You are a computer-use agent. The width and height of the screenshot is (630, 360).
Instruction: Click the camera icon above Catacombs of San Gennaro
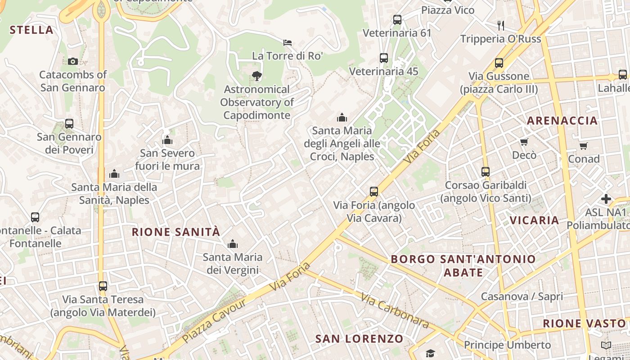pos(72,62)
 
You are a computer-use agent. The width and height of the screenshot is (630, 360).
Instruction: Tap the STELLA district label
pos(31,30)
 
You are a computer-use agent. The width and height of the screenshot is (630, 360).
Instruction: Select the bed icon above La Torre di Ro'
pos(288,43)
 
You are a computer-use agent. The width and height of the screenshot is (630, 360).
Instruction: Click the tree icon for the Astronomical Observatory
pos(257,76)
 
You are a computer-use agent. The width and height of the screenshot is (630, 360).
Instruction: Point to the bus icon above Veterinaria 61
pos(397,20)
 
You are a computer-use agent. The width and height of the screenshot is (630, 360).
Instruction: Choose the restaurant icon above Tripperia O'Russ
pos(501,25)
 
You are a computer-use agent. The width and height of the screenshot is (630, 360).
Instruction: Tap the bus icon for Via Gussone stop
pos(499,63)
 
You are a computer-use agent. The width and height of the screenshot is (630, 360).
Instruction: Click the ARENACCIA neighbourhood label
pos(562,121)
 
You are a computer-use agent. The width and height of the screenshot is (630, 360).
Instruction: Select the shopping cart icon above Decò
pos(524,142)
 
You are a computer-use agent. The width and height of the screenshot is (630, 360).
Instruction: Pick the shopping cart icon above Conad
pos(584,146)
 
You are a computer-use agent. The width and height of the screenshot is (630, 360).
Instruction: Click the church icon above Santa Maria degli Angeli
pos(342,118)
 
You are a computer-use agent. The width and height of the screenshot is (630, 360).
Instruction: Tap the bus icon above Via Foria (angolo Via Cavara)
pos(374,192)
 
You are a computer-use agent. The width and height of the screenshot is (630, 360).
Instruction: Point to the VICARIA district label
pos(534,220)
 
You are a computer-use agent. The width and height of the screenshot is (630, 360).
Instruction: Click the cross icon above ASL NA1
pos(606,199)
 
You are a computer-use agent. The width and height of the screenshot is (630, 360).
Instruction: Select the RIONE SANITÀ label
pos(176,232)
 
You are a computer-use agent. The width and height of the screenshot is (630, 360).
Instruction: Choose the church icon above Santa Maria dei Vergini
pos(233,244)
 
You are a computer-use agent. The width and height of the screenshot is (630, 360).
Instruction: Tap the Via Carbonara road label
pos(395,310)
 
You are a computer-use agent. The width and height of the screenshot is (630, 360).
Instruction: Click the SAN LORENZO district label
pos(359,339)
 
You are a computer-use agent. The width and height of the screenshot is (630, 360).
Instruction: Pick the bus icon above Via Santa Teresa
pos(103,286)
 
